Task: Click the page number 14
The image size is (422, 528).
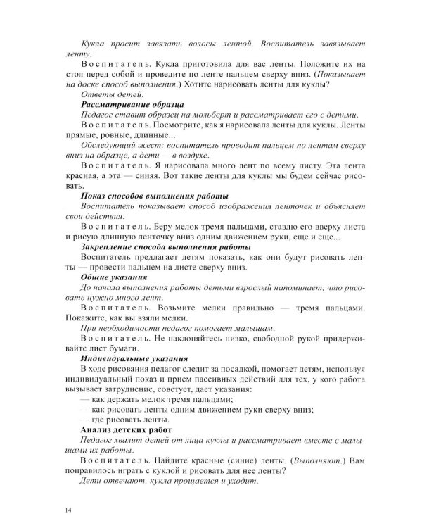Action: click(x=68, y=510)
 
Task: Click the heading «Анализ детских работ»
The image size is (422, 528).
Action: click(x=127, y=430)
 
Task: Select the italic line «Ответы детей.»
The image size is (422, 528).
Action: click(x=113, y=94)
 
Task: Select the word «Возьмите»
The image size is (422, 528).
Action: click(x=182, y=308)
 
